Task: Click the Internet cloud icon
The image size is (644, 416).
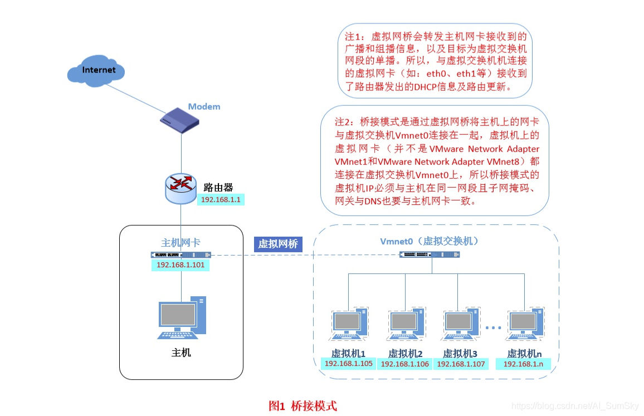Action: coord(95,71)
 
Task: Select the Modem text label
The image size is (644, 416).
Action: coord(204,106)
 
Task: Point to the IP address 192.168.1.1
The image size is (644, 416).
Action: coord(221,199)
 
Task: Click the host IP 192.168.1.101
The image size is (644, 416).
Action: coord(180,265)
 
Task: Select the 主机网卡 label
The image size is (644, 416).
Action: coord(180,243)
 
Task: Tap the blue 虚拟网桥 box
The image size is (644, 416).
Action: coord(278,244)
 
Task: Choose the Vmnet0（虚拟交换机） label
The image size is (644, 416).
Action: coord(430,241)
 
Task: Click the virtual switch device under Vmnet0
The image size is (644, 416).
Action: coord(430,255)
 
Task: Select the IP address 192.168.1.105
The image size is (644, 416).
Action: coord(349,364)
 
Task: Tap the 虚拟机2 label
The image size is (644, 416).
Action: coord(405,353)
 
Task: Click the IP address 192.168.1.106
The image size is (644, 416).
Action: coord(405,364)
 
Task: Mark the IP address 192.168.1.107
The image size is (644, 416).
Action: coord(461,364)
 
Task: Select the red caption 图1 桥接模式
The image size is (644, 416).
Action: coord(303,405)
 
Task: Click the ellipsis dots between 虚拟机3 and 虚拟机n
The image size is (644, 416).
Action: coord(493,328)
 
